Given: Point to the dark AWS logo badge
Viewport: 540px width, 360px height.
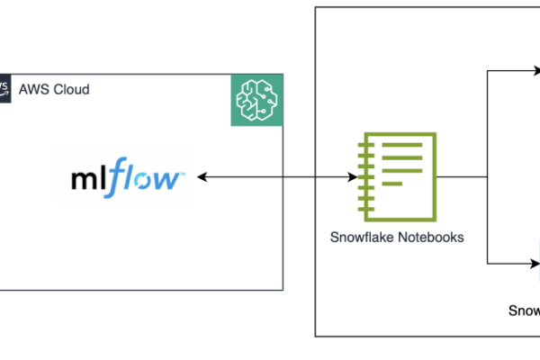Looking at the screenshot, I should tap(5, 89).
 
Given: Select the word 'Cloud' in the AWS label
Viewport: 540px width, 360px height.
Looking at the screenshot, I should tap(70, 90).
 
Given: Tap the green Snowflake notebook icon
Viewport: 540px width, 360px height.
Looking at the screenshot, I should tap(400, 175).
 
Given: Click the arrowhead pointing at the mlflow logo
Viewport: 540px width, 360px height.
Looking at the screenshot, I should tap(202, 178).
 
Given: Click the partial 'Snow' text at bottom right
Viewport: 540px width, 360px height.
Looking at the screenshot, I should tap(523, 310).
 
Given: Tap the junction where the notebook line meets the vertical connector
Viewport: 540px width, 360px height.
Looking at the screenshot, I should tap(487, 178).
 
